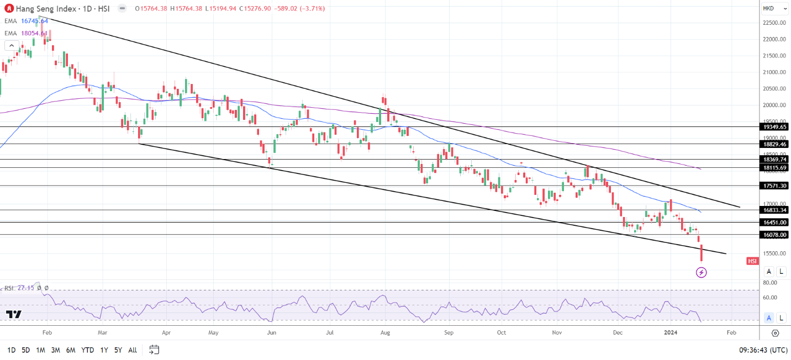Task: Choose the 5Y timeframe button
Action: pyautogui.click(x=118, y=350)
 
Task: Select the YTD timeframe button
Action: pyautogui.click(x=87, y=350)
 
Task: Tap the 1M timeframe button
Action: pyautogui.click(x=40, y=350)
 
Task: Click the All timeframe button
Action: pyautogui.click(x=133, y=350)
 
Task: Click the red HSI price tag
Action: pyautogui.click(x=752, y=261)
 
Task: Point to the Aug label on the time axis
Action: pyautogui.click(x=386, y=333)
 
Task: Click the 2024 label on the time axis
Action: pyautogui.click(x=670, y=333)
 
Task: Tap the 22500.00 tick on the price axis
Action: pyautogui.click(x=774, y=23)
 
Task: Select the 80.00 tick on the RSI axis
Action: pyautogui.click(x=770, y=283)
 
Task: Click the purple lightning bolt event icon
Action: pyautogui.click(x=701, y=272)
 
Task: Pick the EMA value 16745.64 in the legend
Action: pyautogui.click(x=34, y=21)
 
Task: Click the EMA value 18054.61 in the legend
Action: pyautogui.click(x=34, y=33)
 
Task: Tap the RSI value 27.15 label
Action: pyautogui.click(x=25, y=288)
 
